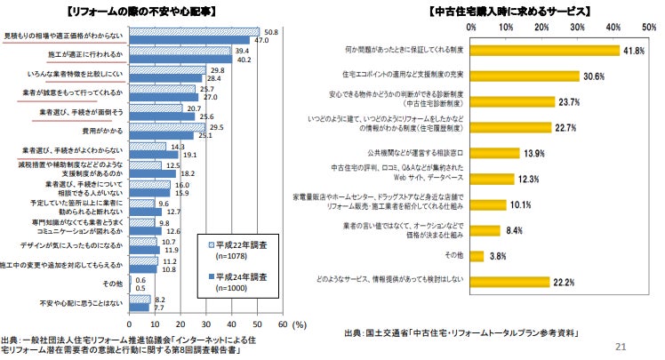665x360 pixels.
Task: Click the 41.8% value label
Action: [633, 51]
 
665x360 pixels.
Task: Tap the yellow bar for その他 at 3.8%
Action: [477, 256]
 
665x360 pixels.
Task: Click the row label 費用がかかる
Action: [103, 130]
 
